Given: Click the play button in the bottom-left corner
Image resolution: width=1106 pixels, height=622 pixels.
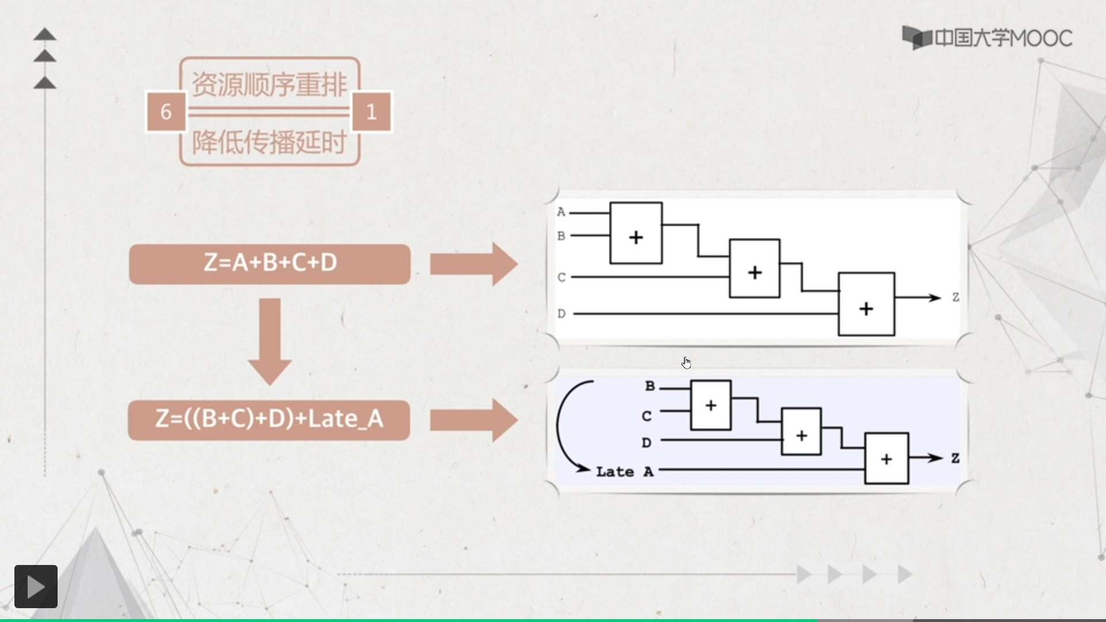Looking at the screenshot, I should [x=36, y=586].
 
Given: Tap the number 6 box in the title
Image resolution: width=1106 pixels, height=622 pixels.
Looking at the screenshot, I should [x=166, y=111].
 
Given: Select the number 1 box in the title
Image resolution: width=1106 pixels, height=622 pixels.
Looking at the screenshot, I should [x=372, y=111].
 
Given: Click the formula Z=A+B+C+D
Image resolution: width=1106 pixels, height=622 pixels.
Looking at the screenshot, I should [x=270, y=263].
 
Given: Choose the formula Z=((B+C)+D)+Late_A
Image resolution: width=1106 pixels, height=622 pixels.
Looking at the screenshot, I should [x=269, y=419].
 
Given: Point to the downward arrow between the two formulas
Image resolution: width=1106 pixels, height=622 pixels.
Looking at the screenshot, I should [x=270, y=340].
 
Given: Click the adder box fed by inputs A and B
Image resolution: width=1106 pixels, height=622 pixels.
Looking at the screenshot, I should [x=636, y=233].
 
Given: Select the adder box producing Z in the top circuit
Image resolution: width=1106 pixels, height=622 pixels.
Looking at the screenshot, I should [x=866, y=304].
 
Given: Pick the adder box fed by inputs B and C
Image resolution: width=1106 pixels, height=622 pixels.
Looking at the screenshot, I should [x=711, y=405].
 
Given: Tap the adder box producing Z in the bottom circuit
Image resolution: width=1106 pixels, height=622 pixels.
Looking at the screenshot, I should [x=887, y=458].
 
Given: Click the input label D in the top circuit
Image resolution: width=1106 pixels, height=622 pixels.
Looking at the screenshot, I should [x=562, y=314].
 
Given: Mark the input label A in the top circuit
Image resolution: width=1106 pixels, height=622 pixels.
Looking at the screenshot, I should [x=561, y=212].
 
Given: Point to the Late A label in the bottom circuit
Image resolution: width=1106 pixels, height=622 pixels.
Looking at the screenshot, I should [x=624, y=472].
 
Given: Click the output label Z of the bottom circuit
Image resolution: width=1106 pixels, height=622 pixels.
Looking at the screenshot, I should [x=955, y=458].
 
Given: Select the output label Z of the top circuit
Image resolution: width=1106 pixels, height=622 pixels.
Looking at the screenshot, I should [x=956, y=297].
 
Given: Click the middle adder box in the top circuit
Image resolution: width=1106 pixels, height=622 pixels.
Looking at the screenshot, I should [x=755, y=268].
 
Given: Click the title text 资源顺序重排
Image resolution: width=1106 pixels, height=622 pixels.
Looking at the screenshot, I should [x=269, y=85].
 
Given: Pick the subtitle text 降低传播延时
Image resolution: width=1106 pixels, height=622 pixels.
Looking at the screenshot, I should [x=269, y=142].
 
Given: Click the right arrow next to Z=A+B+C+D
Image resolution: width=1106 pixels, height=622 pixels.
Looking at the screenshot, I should [x=474, y=264].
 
